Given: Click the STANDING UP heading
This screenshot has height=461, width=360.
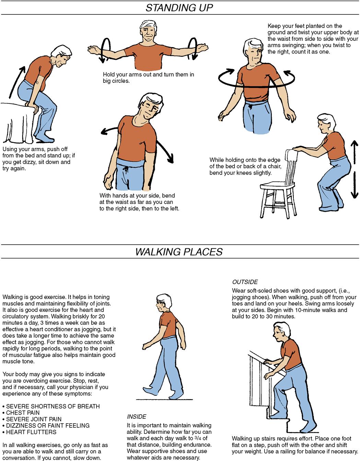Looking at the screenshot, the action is coord(179,8).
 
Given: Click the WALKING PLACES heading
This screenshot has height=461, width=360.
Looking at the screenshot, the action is coord(179,252).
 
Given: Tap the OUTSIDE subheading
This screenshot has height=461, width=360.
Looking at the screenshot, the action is coord(245,282).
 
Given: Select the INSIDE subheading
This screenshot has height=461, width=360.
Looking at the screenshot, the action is coord(137,417).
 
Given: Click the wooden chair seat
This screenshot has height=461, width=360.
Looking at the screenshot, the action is coord(277,185).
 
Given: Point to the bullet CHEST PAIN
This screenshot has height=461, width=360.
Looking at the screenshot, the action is coord(21,413).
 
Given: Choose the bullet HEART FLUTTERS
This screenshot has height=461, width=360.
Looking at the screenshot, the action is coord(30,432).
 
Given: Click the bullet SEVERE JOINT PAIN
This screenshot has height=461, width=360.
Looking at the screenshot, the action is coord(32,419).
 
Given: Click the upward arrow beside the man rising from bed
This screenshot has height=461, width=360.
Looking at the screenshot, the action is coord(17,82).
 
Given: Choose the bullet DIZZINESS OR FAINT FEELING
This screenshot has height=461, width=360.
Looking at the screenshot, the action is coord(46,426).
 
